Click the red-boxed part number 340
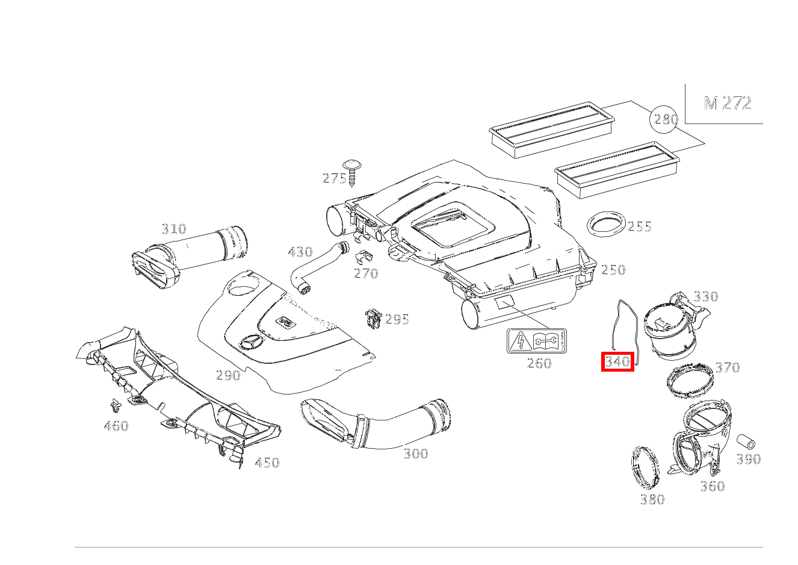click(617, 362)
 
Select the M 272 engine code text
click(728, 103)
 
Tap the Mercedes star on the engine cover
click(250, 343)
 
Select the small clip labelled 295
click(374, 319)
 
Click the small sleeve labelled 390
click(746, 440)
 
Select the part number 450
click(267, 463)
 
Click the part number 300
click(415, 454)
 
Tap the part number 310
click(174, 229)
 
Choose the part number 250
click(613, 270)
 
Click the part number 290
click(228, 375)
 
